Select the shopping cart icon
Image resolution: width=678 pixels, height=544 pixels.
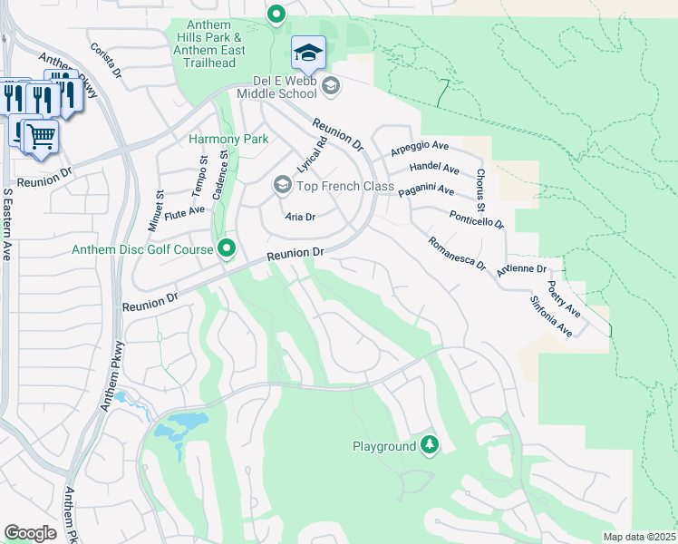point(40,137)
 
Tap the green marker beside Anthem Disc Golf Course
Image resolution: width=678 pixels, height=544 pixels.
point(228,248)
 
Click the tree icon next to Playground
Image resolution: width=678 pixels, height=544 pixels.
point(430,445)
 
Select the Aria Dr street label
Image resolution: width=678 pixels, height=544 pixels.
point(299,218)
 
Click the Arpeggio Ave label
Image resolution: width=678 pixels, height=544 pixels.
point(420,146)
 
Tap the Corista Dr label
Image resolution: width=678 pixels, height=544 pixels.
point(106,60)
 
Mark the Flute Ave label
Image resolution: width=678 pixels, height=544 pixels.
point(185,210)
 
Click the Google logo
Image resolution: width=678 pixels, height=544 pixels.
point(30,533)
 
